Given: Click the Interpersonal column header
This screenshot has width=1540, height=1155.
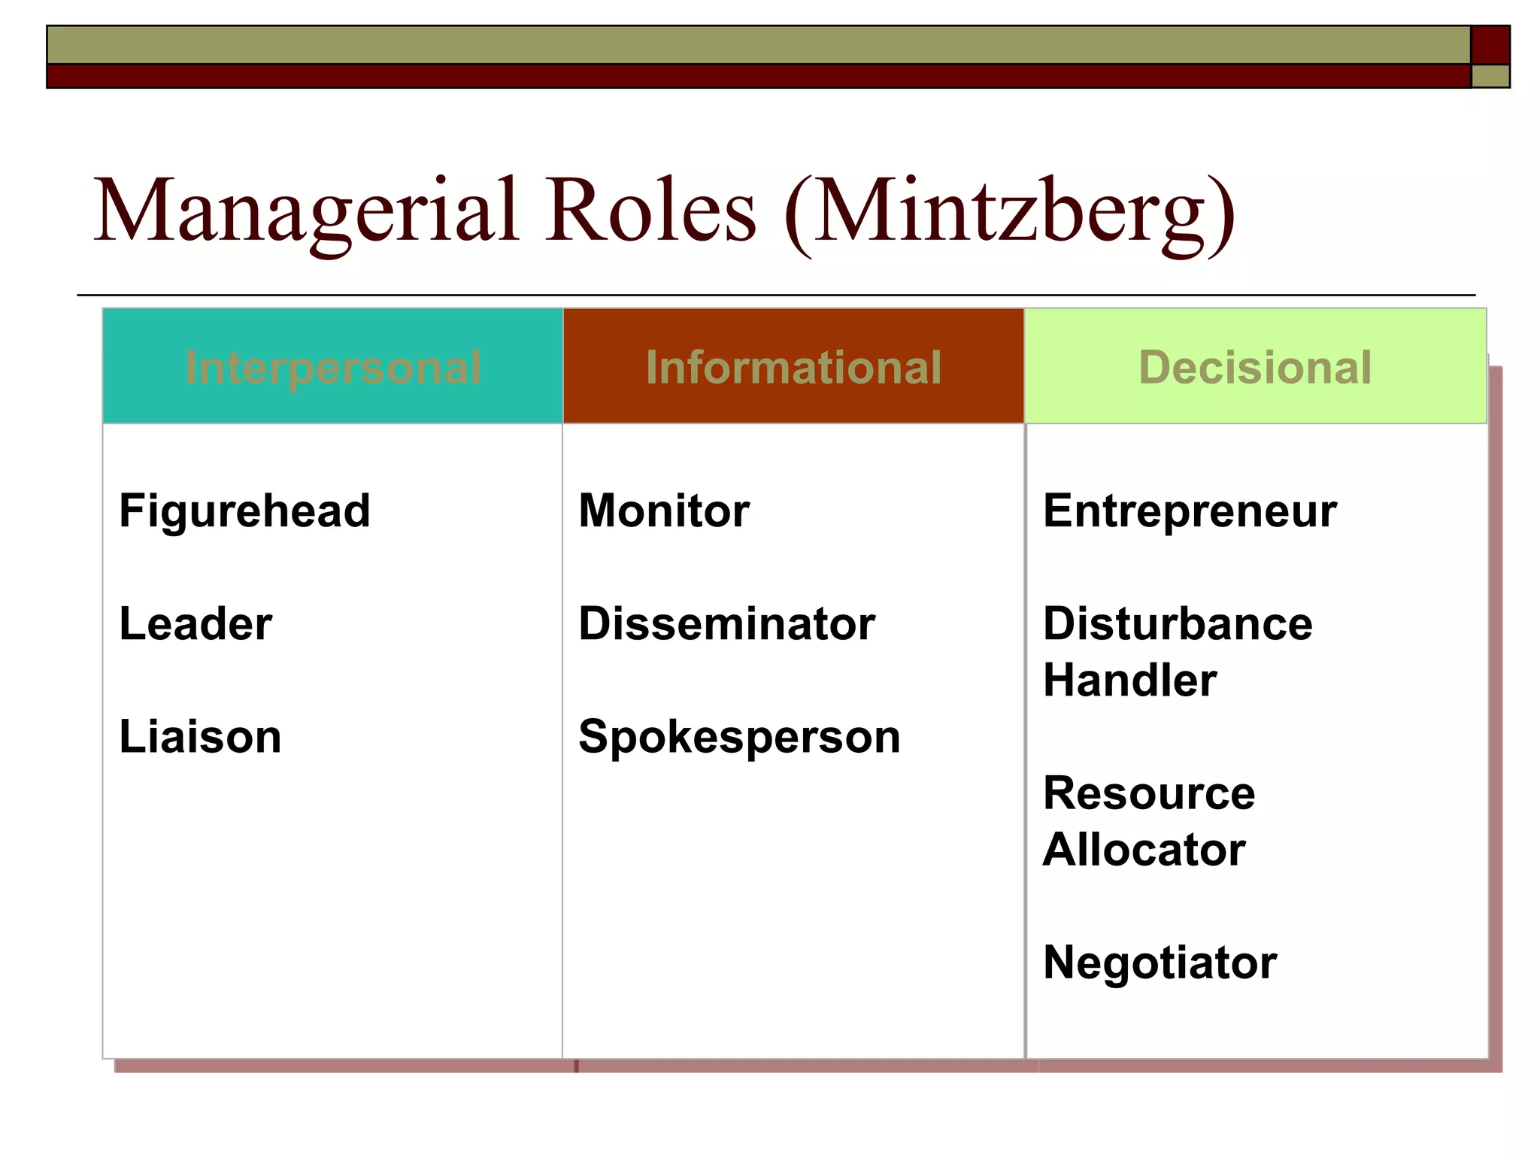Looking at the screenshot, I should tap(333, 368).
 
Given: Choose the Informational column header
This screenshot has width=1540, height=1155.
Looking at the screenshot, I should tap(793, 368).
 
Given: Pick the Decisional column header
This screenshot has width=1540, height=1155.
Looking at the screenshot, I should tap(1255, 368).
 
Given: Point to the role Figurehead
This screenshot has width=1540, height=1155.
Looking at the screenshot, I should tap(244, 511).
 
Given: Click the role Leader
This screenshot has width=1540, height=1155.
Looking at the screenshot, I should tap(196, 624).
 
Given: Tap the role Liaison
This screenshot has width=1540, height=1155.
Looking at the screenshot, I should tap(200, 737).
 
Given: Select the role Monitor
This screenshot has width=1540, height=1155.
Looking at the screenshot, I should tap(664, 511).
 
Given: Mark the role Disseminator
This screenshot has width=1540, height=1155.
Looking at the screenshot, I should tap(726, 624).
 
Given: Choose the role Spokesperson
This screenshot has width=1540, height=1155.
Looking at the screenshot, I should tap(739, 738).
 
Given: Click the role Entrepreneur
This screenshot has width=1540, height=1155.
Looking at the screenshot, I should tap(1190, 511).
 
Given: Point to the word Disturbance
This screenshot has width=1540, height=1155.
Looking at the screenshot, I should tap(1178, 624).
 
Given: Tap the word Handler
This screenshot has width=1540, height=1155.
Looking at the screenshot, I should tap(1129, 681).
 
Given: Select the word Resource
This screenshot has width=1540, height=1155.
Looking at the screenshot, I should tap(1149, 793).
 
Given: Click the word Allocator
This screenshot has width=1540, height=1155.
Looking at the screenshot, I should tap(1144, 850).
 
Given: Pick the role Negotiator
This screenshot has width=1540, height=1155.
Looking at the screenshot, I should tap(1160, 962).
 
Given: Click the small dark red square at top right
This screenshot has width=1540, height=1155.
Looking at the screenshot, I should tap(1490, 45).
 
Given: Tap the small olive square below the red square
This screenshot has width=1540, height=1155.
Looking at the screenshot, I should tap(1490, 76).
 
